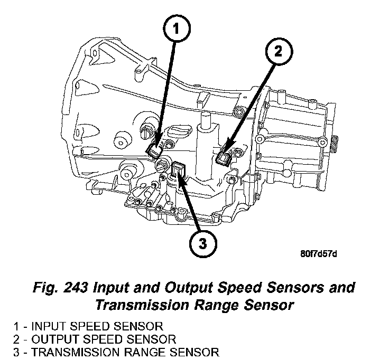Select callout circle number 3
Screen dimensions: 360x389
[x=203, y=243]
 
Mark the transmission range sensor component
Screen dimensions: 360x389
[x=178, y=169]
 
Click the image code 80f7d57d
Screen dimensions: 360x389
[x=318, y=254]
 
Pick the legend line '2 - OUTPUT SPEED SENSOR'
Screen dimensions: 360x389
[x=93, y=339]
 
